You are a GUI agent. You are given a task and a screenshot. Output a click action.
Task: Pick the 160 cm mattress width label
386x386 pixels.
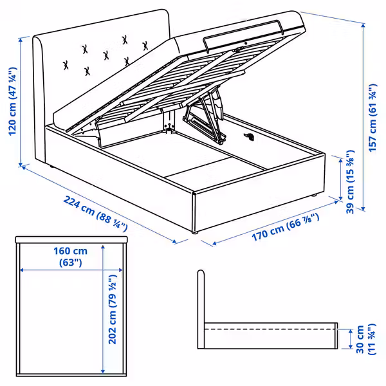click(x=70, y=256)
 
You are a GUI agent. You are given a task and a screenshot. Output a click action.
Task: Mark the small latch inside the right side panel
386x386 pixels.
click(x=250, y=136)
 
